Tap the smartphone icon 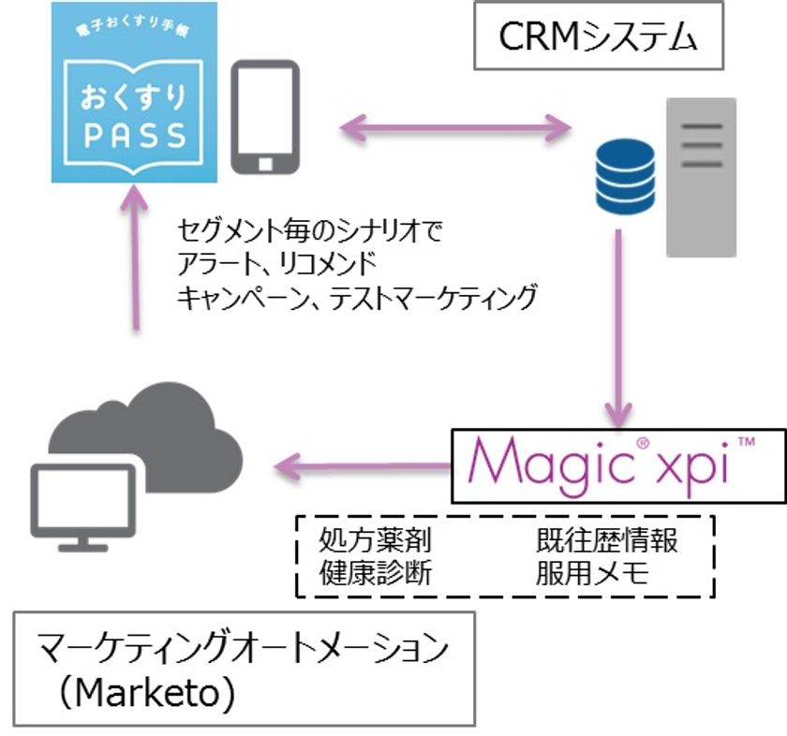265,118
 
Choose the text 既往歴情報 606,540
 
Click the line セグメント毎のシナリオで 308,228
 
